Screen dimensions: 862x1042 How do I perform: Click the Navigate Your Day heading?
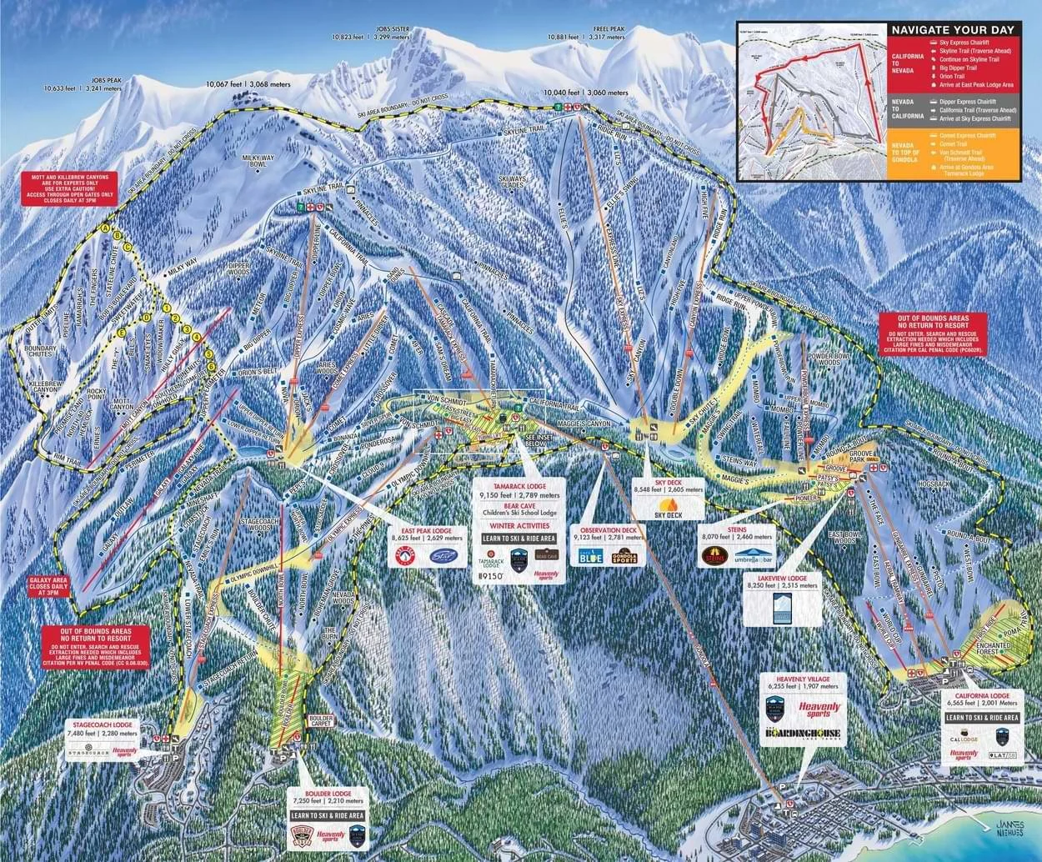pyautogui.click(x=952, y=30)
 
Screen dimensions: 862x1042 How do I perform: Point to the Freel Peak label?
pyautogui.click(x=586, y=28)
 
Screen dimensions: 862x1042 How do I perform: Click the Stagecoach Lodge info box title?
pyautogui.click(x=102, y=725)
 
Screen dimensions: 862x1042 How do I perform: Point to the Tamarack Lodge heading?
pyautogui.click(x=518, y=485)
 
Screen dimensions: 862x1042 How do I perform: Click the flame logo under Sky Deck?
pyautogui.click(x=668, y=505)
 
